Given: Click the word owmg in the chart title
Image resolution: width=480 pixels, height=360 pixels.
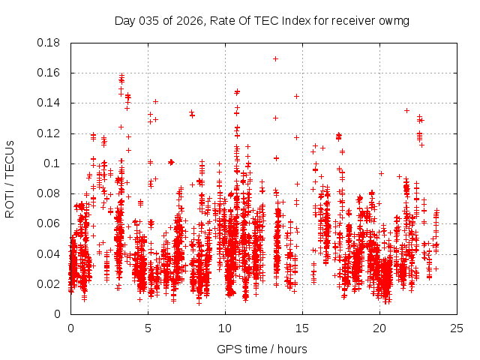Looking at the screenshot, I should click(394, 20).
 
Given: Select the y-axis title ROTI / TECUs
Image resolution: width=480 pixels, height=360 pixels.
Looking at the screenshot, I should click(10, 178).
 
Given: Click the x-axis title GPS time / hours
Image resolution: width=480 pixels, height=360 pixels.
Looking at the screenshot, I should click(262, 349).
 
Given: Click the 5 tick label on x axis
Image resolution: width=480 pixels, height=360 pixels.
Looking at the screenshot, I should click(148, 328).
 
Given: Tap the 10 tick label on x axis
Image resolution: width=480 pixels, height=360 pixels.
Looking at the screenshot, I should click(225, 328).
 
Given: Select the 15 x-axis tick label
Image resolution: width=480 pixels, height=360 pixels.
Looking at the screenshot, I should click(302, 328).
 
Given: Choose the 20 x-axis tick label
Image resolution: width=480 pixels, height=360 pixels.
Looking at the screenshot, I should click(379, 328).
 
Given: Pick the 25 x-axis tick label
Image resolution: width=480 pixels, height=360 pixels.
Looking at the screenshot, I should click(457, 328).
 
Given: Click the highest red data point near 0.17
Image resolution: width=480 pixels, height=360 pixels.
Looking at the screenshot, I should click(275, 58).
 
